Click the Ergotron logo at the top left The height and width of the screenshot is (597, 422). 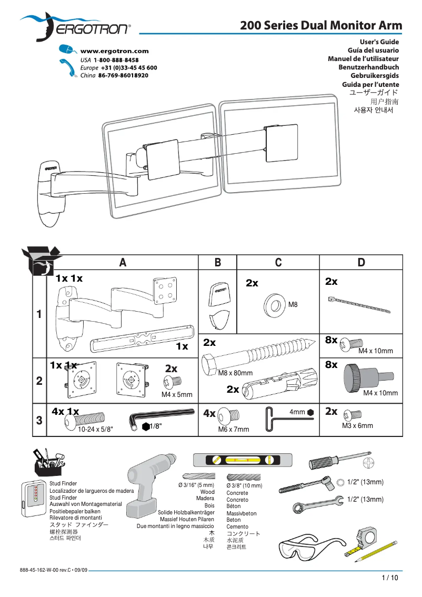click(76, 27)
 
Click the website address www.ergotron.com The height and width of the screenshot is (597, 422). click(114, 51)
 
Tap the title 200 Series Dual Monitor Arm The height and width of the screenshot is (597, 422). click(321, 25)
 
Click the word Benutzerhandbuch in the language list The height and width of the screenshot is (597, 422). click(368, 67)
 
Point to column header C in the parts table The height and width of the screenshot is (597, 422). click(278, 263)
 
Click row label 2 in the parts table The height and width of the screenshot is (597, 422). click(39, 382)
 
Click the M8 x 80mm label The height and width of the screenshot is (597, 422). click(235, 373)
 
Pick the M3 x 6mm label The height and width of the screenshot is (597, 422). click(357, 425)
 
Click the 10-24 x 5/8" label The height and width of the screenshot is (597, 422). click(95, 430)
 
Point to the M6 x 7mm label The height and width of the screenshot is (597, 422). click(234, 430)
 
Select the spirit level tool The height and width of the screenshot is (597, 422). click(242, 460)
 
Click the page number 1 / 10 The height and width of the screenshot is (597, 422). click(390, 578)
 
